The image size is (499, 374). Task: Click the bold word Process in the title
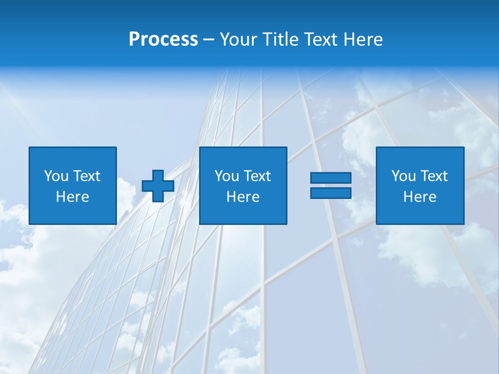[163, 39]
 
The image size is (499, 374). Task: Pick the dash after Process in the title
[209, 41]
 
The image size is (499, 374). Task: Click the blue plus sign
[158, 186]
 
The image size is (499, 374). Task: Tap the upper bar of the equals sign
[331, 178]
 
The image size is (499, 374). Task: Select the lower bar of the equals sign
[331, 193]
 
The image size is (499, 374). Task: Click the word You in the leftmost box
[56, 176]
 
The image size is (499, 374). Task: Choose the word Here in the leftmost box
[72, 197]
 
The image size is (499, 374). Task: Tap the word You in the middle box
[227, 176]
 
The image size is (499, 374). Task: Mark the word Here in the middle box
[243, 197]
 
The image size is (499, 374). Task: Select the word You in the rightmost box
[403, 176]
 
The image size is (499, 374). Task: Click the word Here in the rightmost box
[419, 197]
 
